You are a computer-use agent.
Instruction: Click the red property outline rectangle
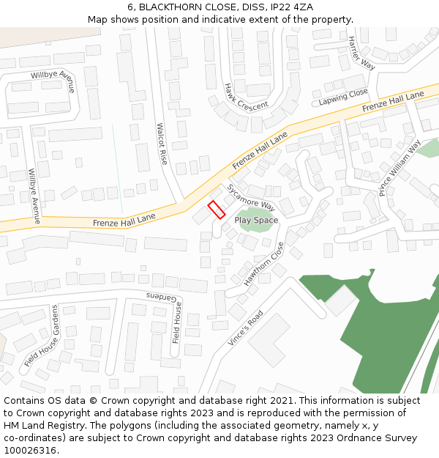click(x=216, y=210)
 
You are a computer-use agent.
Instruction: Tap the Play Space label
click(x=256, y=220)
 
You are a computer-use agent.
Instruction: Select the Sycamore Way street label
click(x=250, y=196)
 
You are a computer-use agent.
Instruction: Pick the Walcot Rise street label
click(x=162, y=143)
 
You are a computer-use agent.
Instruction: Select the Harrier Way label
click(x=361, y=53)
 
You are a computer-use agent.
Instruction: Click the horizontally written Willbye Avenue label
click(x=53, y=76)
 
